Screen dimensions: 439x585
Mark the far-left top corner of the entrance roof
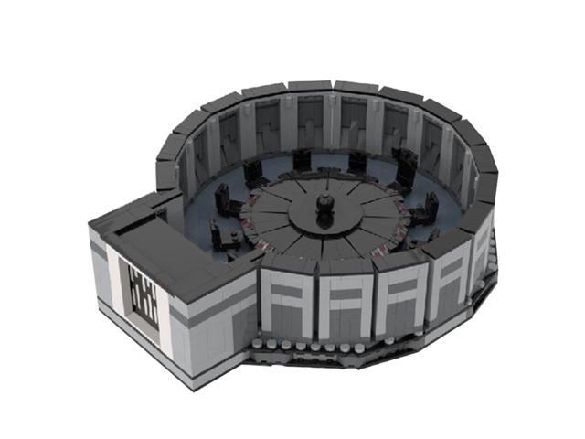click(x=90, y=225)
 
